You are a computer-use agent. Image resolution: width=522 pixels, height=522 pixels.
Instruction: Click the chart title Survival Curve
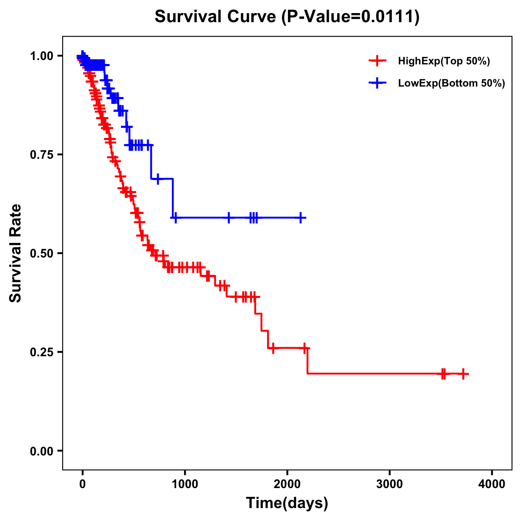click(215, 17)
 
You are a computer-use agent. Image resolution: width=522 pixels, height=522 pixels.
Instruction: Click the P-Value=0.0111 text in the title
click(351, 17)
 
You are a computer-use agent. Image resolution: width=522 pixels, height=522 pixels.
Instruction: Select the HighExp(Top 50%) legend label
click(444, 61)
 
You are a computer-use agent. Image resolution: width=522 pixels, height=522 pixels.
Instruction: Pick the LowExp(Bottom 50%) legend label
click(452, 84)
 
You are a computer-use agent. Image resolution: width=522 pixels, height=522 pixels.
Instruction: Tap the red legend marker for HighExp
click(378, 61)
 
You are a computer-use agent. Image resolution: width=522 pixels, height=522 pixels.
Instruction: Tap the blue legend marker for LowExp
click(378, 83)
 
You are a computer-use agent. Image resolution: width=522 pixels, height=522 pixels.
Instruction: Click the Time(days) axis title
click(287, 503)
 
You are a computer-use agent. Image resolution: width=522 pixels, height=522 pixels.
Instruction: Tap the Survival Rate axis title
click(16, 253)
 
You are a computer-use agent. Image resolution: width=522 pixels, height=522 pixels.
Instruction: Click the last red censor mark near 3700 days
click(463, 374)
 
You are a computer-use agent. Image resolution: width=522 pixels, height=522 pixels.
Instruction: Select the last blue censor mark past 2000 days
click(300, 217)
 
